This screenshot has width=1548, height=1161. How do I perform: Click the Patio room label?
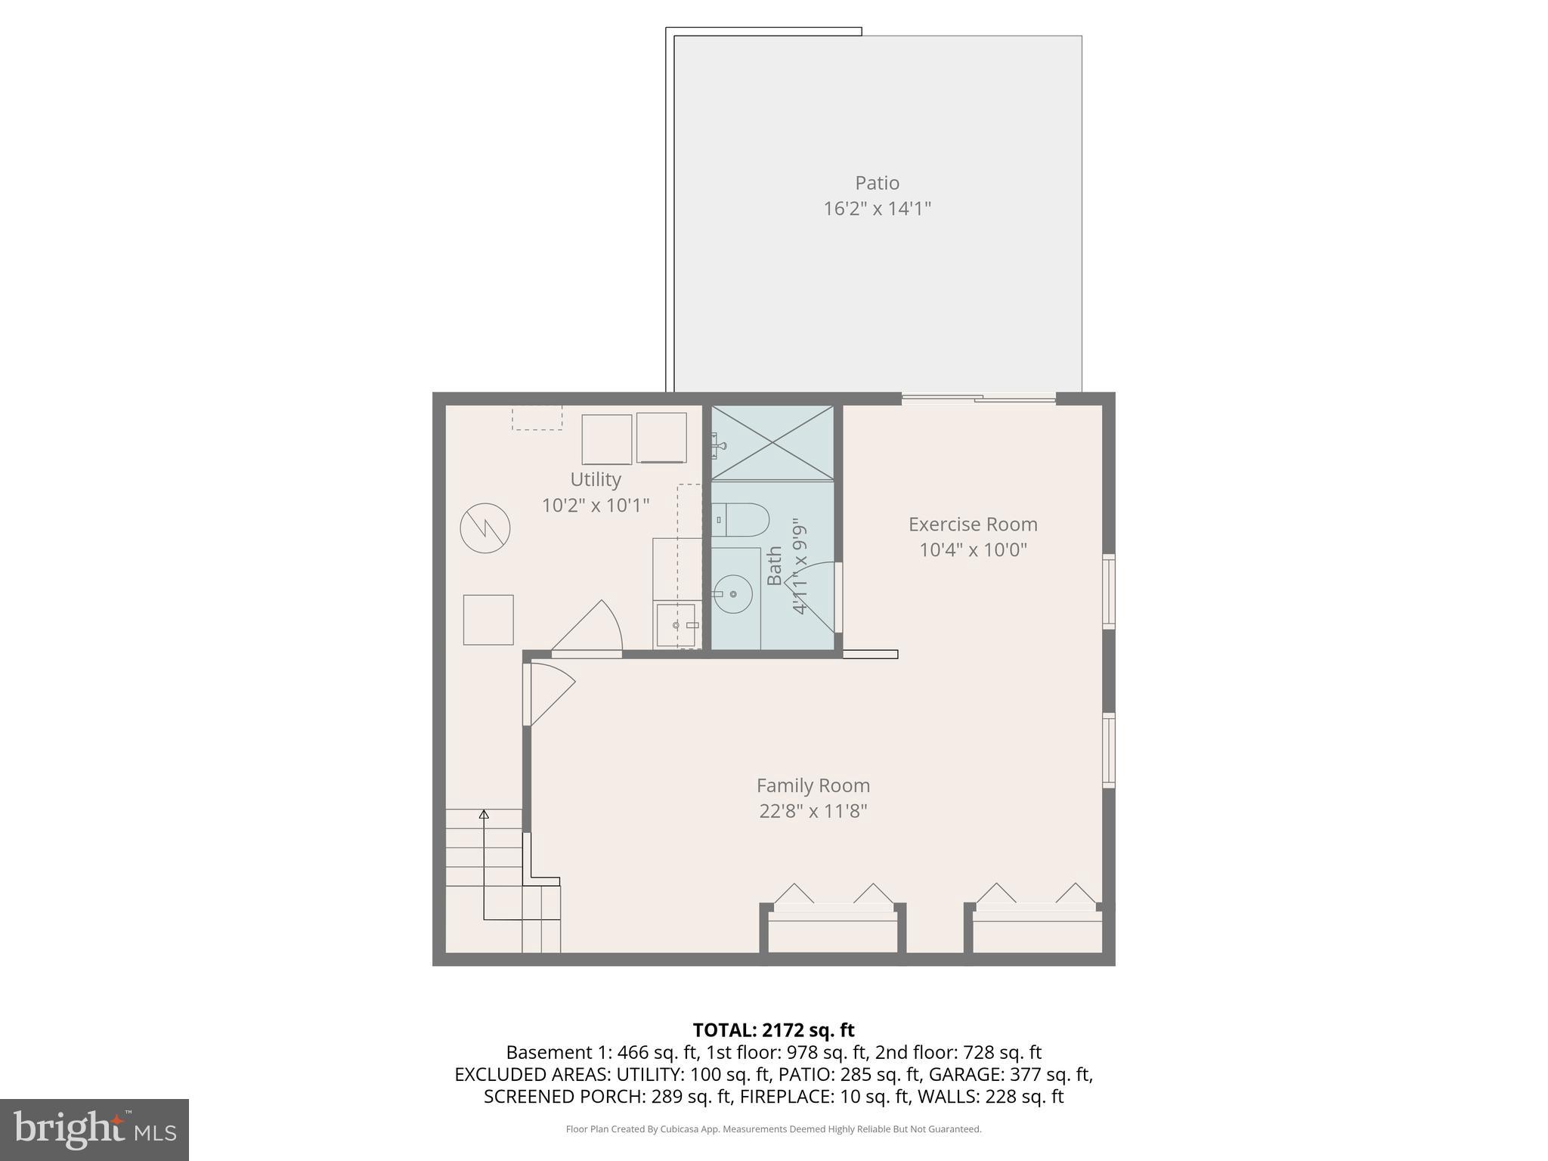pos(877,183)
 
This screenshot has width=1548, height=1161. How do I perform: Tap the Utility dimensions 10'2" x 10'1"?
pos(596,505)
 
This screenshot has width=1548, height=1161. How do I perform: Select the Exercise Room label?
pos(972,524)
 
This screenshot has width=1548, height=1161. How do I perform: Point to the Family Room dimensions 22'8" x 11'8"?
pos(813,811)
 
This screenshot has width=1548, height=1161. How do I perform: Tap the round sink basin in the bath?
pos(732,594)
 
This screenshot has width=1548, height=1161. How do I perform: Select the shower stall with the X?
pos(772,443)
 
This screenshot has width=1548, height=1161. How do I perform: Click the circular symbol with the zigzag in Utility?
pos(485,528)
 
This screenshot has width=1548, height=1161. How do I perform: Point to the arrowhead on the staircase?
pos(484,814)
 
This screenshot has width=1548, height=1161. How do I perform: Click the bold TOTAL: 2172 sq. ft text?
pos(773,1030)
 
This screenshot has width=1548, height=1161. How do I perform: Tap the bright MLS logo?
pos(94,1129)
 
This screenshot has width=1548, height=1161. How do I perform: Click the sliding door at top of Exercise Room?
pos(978,398)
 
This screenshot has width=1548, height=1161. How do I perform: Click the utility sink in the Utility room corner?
pos(676,624)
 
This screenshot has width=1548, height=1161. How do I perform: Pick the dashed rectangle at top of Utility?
pos(537,418)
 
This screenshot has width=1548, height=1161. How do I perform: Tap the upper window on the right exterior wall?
pos(1108,591)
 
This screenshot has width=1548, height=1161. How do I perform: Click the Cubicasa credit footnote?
pos(773,1129)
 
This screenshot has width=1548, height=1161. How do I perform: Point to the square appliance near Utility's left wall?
pos(488,620)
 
